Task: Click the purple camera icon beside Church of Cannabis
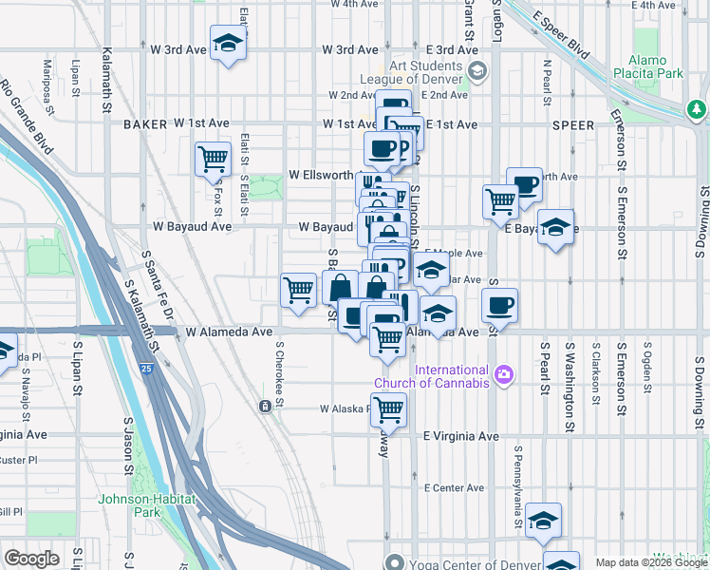pos(505,374)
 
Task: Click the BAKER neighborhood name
pos(144,124)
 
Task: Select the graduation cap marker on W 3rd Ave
pos(228,44)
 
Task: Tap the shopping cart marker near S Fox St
pos(213,158)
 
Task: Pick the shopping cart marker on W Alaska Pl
pos(387,410)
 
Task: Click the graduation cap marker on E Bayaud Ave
pos(556,228)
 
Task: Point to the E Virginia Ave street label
pos(460,436)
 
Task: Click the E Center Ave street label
pos(455,488)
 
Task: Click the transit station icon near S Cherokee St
pos(264,407)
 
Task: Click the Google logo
pos(32,558)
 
